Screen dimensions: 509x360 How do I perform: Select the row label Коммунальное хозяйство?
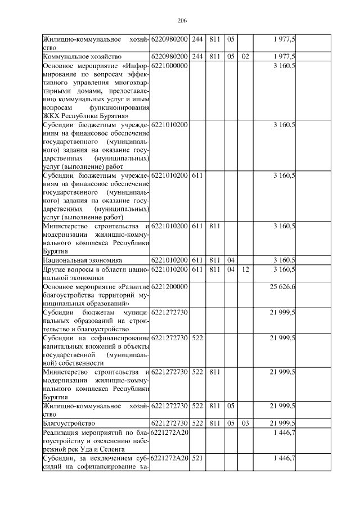tap(78, 57)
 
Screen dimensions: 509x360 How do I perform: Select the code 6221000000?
tap(169, 66)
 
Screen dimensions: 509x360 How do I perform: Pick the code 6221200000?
tap(169, 286)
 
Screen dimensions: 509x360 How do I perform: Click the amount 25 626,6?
tap(283, 286)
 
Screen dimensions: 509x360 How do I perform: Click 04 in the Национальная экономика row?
tap(231, 260)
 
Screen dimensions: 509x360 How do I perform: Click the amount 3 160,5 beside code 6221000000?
tap(285, 66)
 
